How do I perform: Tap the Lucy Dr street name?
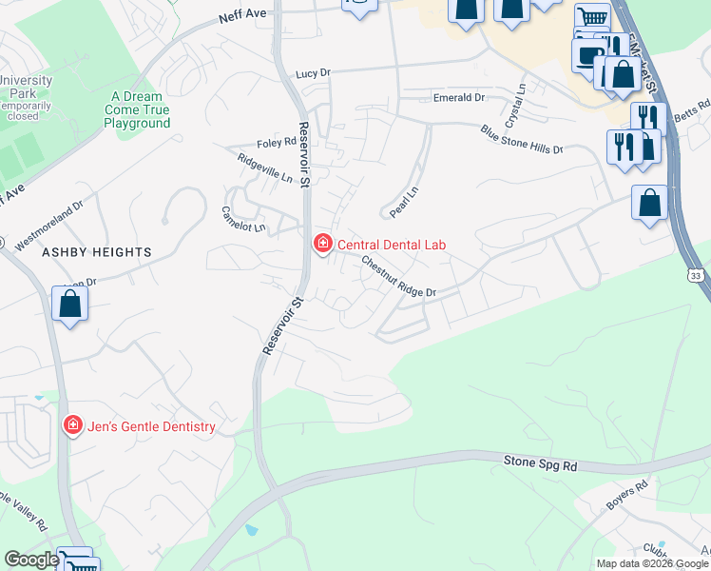pos(312,73)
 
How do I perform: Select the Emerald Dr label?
pos(459,98)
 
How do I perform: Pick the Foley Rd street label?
pos(277,144)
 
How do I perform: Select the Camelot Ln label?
pos(243,220)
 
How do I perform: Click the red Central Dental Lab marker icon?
pos(323,245)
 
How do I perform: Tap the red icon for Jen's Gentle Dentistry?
pos(72,426)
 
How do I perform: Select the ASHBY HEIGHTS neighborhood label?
pos(96,252)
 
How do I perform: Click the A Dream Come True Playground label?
pos(137,109)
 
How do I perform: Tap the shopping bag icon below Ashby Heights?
pos(69,305)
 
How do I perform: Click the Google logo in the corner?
pos(31,560)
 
